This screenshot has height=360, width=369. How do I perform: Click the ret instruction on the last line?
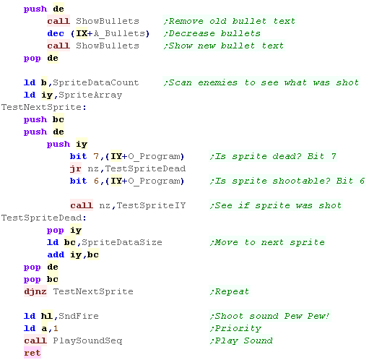pyautogui.click(x=32, y=353)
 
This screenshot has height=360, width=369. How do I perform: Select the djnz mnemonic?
pyautogui.click(x=35, y=291)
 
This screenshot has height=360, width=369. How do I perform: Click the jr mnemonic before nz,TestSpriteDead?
pyautogui.click(x=76, y=168)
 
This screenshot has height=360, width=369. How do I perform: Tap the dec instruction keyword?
pyautogui.click(x=56, y=33)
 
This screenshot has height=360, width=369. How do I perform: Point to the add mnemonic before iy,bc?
pyautogui.click(x=56, y=254)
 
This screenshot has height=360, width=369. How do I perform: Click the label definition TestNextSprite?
pyautogui.click(x=43, y=107)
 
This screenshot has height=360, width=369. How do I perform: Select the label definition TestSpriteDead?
pyautogui.click(x=43, y=218)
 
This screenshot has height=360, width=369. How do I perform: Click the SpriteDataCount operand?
pyautogui.click(x=96, y=82)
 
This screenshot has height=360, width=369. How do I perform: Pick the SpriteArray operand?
pyautogui.click(x=90, y=95)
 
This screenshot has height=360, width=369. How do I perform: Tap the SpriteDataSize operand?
pyautogui.click(x=122, y=242)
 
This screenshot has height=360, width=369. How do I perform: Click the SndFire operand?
pyautogui.click(x=79, y=316)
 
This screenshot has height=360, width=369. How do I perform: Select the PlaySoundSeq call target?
pyautogui.click(x=87, y=340)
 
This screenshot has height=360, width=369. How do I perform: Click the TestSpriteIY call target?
pyautogui.click(x=151, y=205)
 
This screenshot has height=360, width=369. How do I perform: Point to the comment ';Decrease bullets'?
pyautogui.click(x=212, y=33)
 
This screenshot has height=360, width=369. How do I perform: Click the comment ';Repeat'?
pyautogui.click(x=229, y=291)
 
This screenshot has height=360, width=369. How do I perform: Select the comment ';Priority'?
pyautogui.click(x=235, y=328)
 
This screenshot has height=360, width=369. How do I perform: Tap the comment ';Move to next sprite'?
pyautogui.click(x=267, y=242)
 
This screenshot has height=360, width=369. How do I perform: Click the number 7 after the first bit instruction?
pyautogui.click(x=96, y=156)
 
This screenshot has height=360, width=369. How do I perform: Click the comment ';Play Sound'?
pyautogui.click(x=241, y=340)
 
